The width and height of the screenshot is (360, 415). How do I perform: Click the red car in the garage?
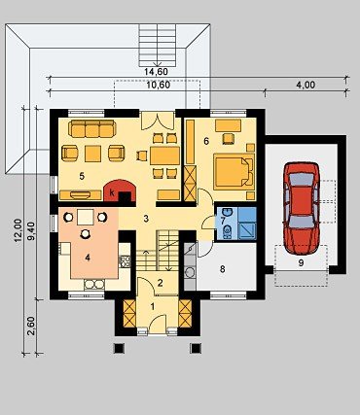click(x=301, y=208)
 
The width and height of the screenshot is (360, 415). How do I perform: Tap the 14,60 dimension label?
click(x=156, y=72)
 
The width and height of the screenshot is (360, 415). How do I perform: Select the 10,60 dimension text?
click(x=159, y=86)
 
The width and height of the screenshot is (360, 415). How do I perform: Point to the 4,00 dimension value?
click(x=306, y=86)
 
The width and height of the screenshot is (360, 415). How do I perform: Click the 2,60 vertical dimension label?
click(x=31, y=327)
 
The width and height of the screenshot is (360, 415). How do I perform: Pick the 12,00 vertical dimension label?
click(x=18, y=230)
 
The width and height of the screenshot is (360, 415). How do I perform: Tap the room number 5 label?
click(x=82, y=176)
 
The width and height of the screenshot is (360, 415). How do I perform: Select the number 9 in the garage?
click(x=301, y=263)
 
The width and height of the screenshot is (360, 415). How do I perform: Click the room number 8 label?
click(x=222, y=269)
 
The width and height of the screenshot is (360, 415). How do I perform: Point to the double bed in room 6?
click(x=234, y=172)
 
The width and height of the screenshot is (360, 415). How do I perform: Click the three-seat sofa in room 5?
click(x=92, y=128)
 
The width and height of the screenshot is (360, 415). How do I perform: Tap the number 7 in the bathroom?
click(x=223, y=222)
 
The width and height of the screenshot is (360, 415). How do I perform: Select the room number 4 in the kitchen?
click(x=88, y=258)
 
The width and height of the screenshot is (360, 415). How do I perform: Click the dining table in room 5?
click(x=164, y=156)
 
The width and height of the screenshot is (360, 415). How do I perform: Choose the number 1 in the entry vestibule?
click(x=153, y=306)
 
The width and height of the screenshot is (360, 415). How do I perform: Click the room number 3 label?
click(x=146, y=219)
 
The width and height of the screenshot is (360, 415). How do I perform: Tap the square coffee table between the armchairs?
click(x=93, y=154)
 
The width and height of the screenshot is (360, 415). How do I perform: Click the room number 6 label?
click(x=206, y=141)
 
